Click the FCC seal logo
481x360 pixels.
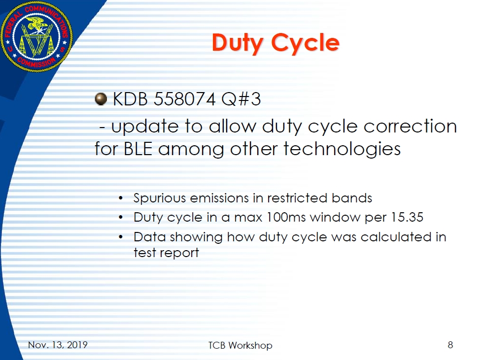coord(36,36)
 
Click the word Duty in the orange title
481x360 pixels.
coord(238,43)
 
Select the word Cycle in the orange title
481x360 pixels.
coord(305,43)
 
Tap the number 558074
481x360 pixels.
coord(185,99)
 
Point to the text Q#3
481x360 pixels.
coord(241,99)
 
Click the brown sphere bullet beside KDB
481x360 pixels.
coord(101,98)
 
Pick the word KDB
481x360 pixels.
coord(131,99)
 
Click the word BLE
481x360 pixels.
coord(138,149)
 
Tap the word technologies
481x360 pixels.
coord(342,149)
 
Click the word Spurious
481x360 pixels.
coord(160,198)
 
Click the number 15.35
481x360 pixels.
coord(407,217)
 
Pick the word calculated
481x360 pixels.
coord(396,237)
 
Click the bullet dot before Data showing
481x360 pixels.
coord(121,237)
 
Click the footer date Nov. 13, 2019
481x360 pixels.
coord(58,345)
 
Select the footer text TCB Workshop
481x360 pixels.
coord(240,345)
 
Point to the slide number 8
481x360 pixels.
coord(450,345)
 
